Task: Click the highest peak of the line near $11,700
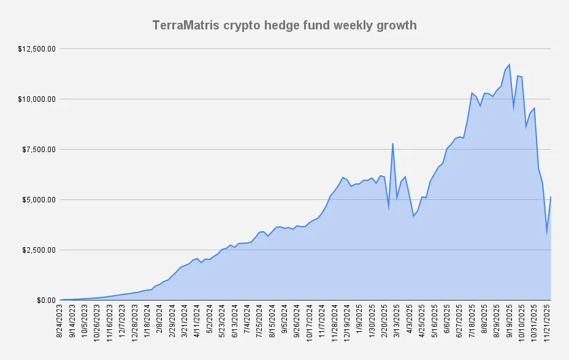[x=510, y=64]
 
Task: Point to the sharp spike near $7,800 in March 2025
[x=392, y=144]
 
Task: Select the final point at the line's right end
[x=551, y=197]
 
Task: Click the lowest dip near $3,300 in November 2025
[x=547, y=233]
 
